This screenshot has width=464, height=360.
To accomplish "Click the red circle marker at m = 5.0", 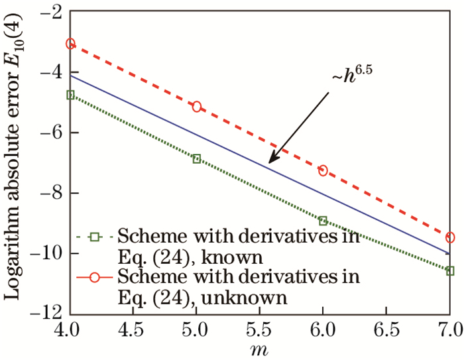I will [x=196, y=106].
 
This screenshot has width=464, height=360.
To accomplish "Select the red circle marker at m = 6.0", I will [x=323, y=170].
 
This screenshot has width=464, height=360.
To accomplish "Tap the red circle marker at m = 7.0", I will [x=450, y=237].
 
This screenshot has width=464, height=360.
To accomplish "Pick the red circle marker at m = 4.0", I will [x=70, y=44].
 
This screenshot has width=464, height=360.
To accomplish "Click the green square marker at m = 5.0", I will [x=196, y=158].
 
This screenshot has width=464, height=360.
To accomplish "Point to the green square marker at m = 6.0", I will [x=323, y=221].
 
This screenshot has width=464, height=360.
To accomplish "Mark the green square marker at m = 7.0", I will [x=450, y=270].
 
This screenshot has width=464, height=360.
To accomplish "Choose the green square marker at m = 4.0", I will [x=70, y=95].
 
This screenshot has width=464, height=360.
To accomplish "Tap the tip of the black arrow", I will [x=269, y=163].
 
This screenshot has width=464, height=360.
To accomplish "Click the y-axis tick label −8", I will [x=50, y=193].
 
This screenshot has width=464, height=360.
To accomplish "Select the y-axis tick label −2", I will [x=50, y=13].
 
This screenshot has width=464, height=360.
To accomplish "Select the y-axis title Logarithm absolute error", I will [x=15, y=162].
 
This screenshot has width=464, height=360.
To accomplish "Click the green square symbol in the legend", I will [x=95, y=236].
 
